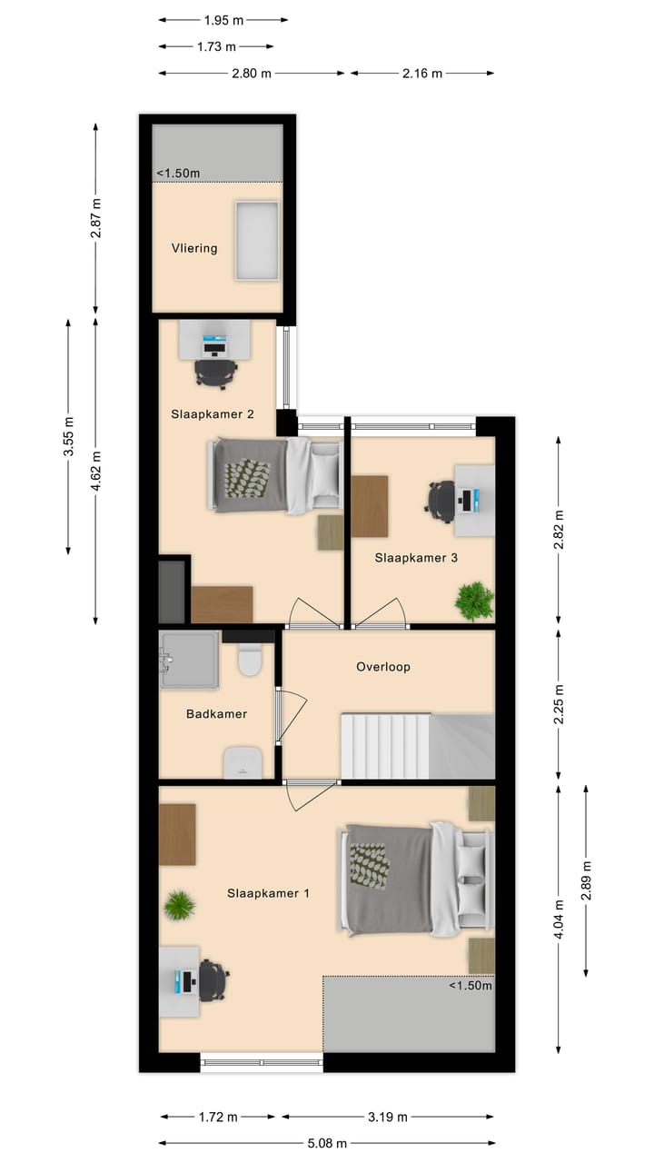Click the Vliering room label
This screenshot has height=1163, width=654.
(194, 248)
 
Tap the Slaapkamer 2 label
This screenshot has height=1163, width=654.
(212, 413)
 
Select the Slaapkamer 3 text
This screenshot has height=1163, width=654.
(416, 558)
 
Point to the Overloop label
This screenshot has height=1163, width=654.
(382, 666)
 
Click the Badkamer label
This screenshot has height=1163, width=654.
(216, 714)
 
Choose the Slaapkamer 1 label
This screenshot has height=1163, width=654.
(268, 893)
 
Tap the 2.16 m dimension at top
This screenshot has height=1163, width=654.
(421, 74)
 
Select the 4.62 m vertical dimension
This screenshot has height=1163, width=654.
(96, 470)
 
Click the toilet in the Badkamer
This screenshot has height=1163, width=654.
(249, 661)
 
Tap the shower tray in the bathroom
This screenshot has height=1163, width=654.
(189, 659)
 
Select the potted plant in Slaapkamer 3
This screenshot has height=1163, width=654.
(474, 601)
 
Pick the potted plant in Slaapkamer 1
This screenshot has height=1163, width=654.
(180, 905)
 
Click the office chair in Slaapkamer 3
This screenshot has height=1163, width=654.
(441, 501)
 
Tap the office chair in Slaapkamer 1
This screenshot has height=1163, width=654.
(213, 980)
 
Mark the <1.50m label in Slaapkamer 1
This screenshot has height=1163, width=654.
(470, 986)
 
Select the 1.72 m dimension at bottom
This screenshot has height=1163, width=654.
(218, 1117)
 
